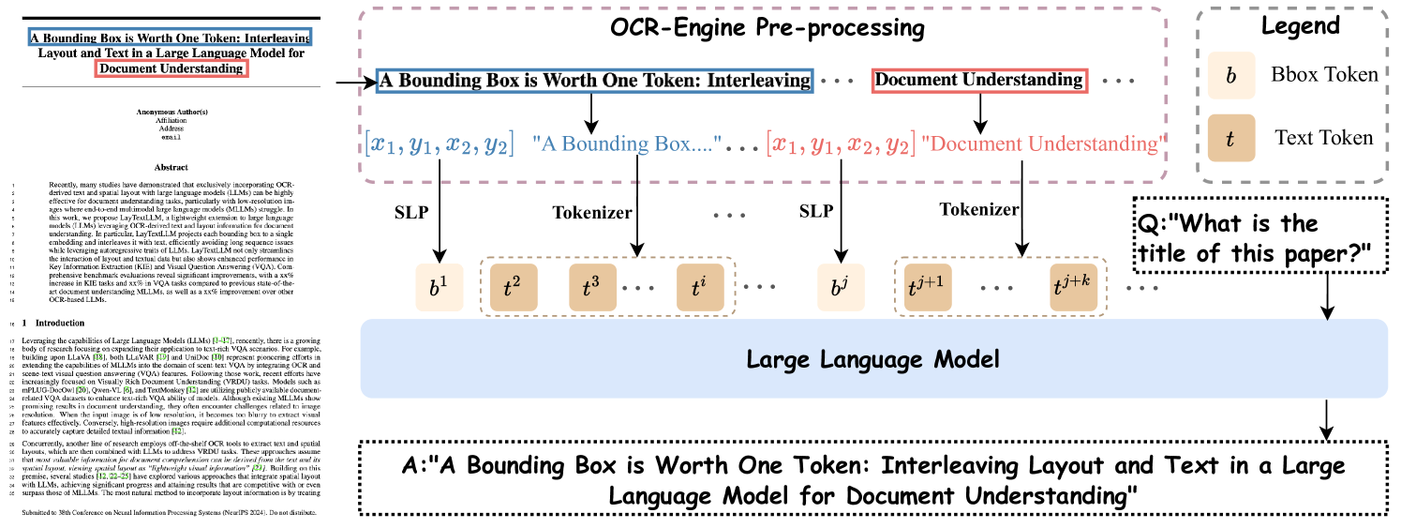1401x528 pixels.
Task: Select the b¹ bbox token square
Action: tap(440, 287)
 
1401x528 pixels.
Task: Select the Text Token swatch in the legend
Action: tap(1230, 138)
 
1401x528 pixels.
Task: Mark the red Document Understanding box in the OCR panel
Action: tap(978, 81)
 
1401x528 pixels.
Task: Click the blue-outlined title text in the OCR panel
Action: tap(595, 81)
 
